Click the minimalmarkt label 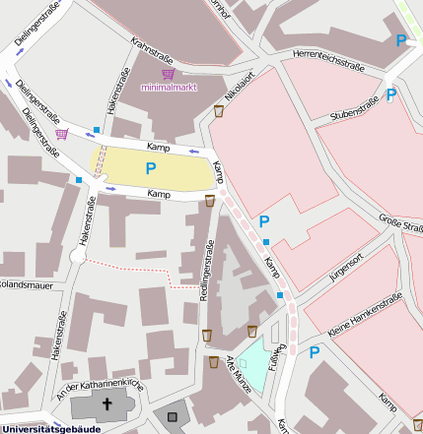click(170, 88)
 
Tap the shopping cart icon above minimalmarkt click(169, 73)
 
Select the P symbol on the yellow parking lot click(151, 168)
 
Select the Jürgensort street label click(346, 268)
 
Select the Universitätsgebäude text click(51, 428)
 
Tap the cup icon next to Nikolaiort click(219, 111)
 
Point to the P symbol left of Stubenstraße click(390, 95)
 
